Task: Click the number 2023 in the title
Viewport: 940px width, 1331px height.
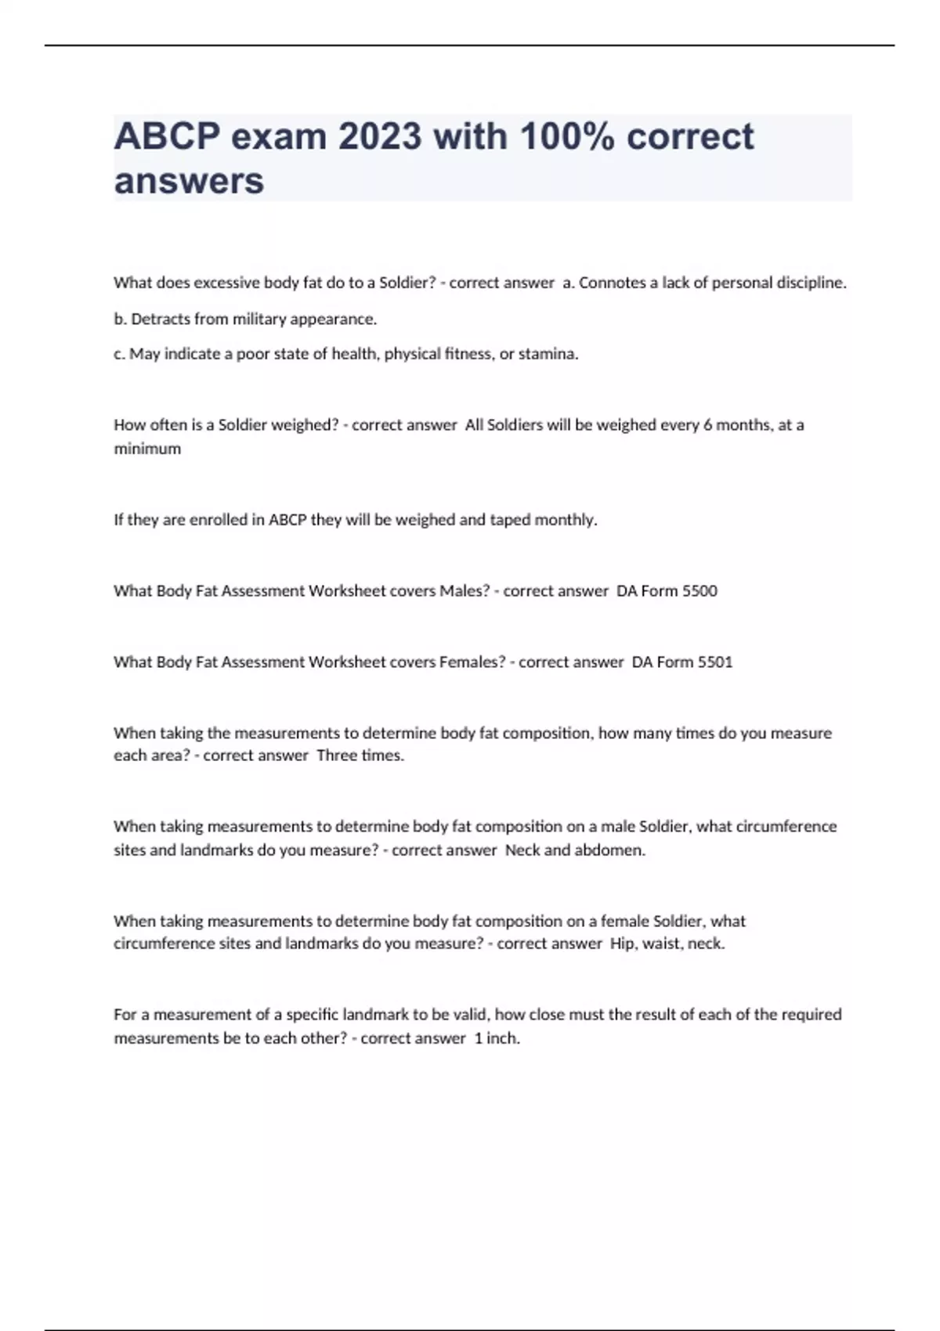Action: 380,137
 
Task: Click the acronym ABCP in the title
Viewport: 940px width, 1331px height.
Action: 167,137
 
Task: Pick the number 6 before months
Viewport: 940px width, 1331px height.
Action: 707,425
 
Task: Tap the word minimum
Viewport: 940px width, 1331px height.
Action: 147,449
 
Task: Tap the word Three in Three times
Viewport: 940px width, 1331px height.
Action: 336,756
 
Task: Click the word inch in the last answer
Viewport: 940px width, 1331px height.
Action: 502,1038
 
